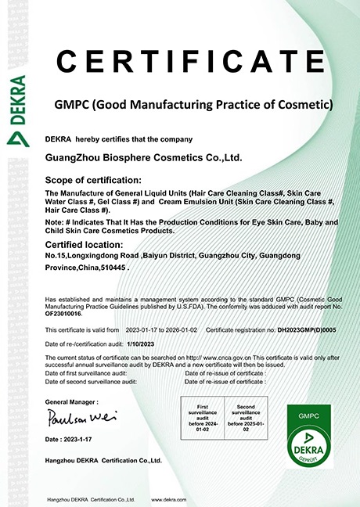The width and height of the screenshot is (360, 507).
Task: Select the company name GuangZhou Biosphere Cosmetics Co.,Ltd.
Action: [x=144, y=157]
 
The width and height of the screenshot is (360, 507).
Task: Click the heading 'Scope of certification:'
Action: [x=85, y=179]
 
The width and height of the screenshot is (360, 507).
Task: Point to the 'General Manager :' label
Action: [x=68, y=401]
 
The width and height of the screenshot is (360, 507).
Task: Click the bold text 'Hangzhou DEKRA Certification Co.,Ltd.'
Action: [x=103, y=461]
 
